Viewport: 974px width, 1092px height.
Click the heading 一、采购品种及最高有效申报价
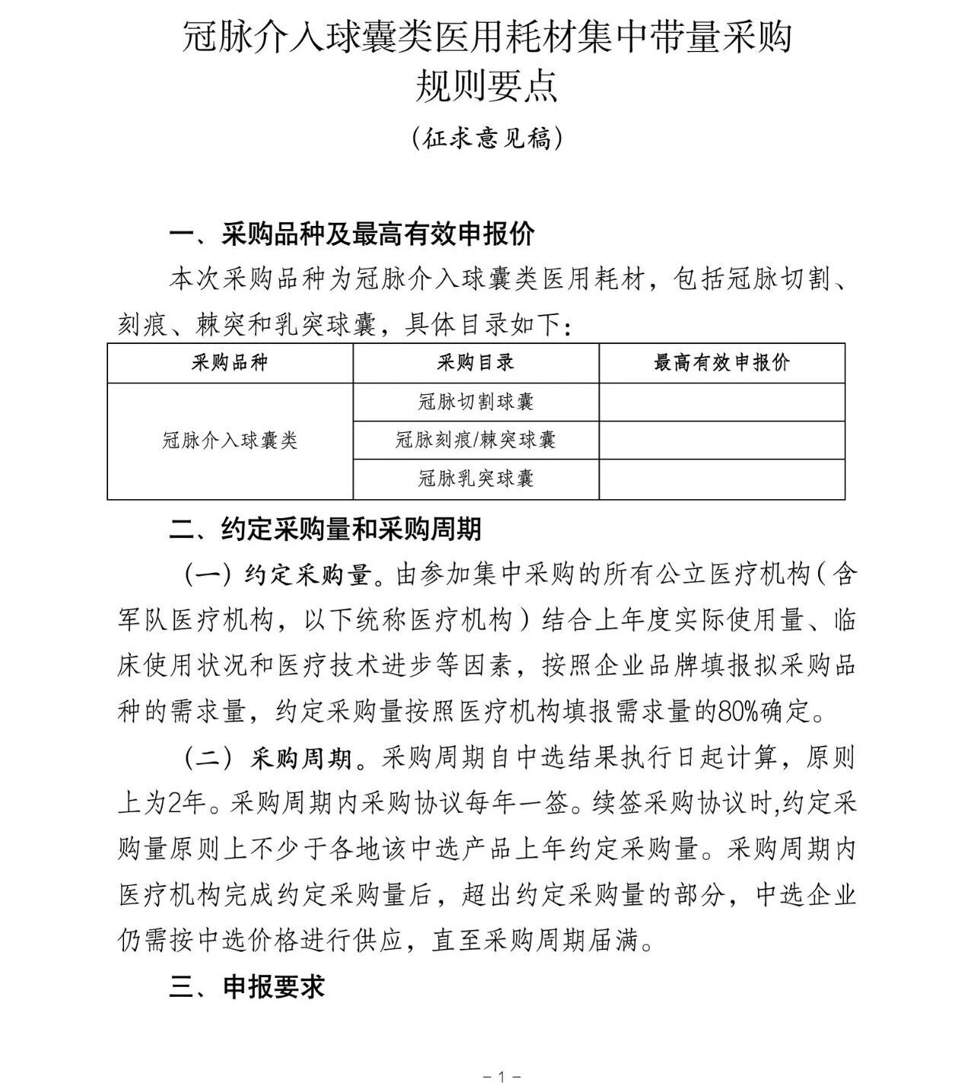[x=352, y=234]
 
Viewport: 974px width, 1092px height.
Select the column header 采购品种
[x=230, y=363]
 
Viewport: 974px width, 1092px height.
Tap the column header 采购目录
[x=476, y=363]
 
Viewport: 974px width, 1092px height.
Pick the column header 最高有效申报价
[x=721, y=363]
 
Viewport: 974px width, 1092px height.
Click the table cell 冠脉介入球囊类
[x=230, y=441]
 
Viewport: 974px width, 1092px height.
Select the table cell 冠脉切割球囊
[x=476, y=402]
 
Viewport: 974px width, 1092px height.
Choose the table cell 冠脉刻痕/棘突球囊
[x=476, y=440]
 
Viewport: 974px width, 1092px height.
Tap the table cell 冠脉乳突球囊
[x=476, y=479]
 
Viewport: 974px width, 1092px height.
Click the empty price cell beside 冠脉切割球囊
[x=721, y=402]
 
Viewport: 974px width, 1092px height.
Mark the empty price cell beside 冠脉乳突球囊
[x=721, y=479]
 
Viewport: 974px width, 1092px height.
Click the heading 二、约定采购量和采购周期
[x=325, y=530]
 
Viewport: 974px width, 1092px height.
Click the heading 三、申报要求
[x=247, y=987]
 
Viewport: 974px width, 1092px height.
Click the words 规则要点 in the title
[x=486, y=86]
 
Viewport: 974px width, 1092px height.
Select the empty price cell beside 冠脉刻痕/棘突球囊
[x=721, y=440]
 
